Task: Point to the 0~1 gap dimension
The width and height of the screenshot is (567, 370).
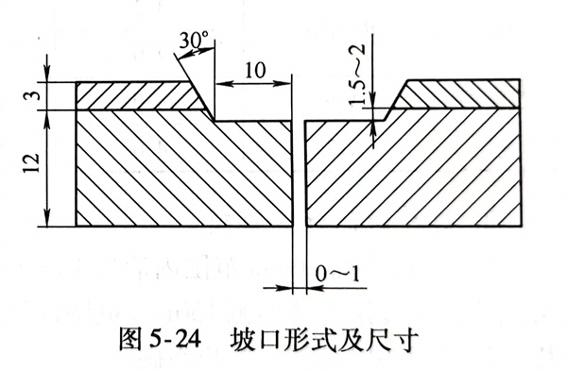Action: pos(335,274)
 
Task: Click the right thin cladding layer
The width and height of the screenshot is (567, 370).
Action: pos(463,95)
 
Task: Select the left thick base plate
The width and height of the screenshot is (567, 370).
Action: pos(180,170)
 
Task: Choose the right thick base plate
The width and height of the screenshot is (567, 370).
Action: pos(416,170)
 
